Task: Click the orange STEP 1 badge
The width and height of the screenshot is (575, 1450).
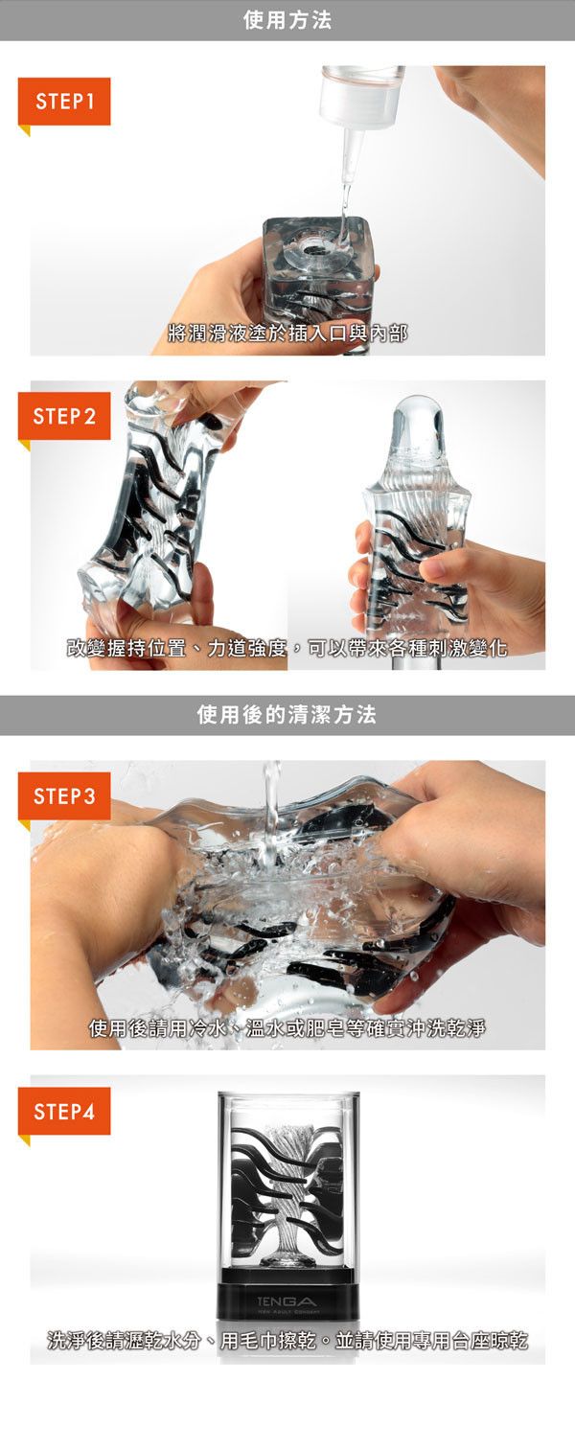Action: (x=64, y=102)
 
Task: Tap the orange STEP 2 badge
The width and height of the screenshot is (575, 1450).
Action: (x=64, y=416)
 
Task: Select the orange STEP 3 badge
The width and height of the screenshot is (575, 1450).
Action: (x=64, y=796)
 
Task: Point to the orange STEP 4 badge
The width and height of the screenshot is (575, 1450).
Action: (x=64, y=1112)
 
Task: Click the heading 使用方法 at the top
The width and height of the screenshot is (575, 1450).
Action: (x=287, y=20)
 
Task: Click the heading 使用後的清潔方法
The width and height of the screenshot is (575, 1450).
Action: (x=287, y=715)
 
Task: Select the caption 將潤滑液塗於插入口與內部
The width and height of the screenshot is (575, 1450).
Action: (x=287, y=334)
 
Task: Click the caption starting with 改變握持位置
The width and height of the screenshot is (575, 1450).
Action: (x=287, y=647)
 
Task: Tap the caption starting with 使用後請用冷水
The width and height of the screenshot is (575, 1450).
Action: (x=287, y=1027)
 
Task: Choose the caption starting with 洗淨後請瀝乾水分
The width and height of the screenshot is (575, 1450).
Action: (x=287, y=1340)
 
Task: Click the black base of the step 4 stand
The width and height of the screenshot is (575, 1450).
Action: (x=287, y=1301)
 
